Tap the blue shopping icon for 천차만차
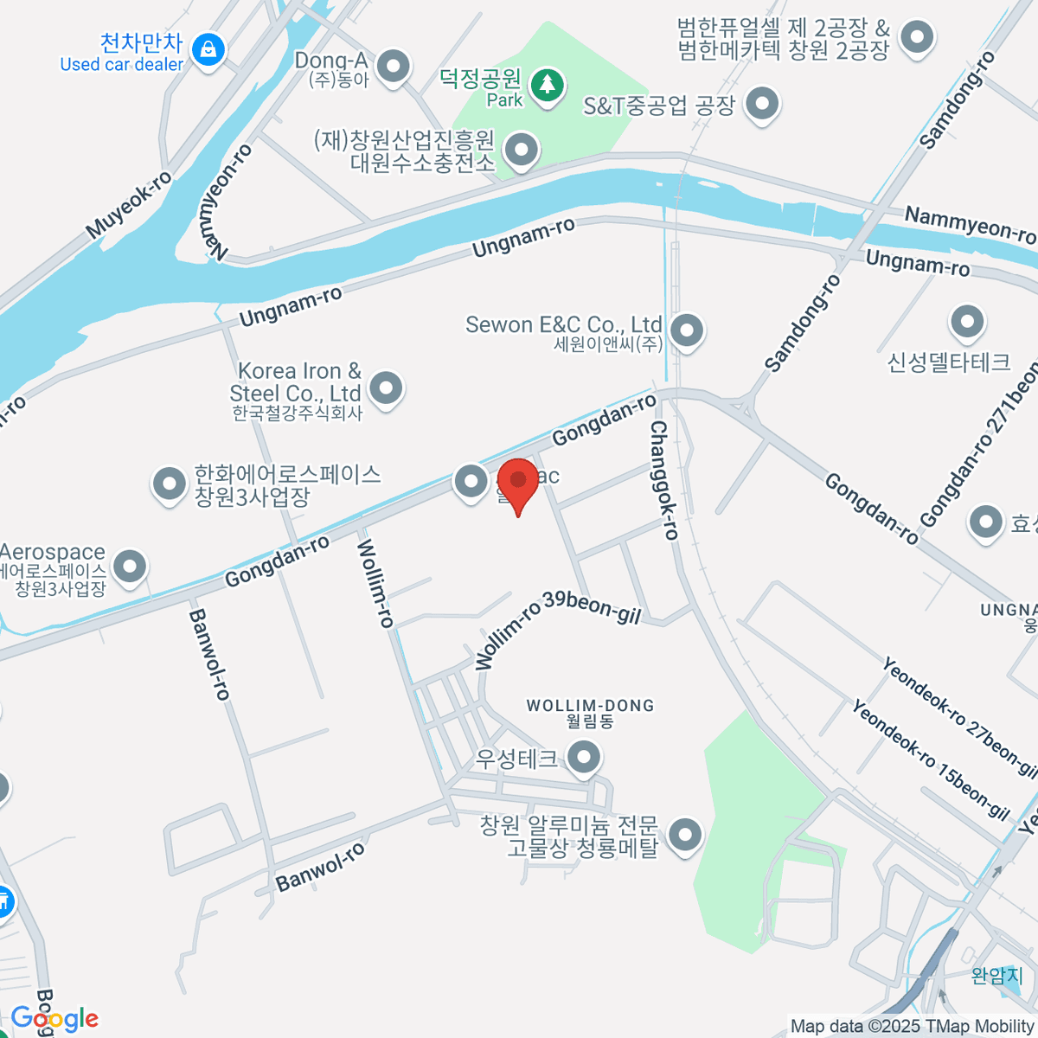coord(208,49)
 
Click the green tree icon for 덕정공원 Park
coord(547,85)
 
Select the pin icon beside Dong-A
coord(394,66)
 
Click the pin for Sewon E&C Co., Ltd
coord(687,330)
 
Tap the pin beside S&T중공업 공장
coord(762,104)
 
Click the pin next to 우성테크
coord(584,759)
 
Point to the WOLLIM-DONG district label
coord(591,713)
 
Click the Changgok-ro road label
coord(663,480)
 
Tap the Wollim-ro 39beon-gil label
coord(558,628)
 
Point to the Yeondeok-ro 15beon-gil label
coord(931,760)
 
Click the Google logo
coord(54,1019)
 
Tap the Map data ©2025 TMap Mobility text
coord(912,1027)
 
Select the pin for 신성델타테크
coord(966,323)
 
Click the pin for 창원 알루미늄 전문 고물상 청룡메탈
coord(687,836)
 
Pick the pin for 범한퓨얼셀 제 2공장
coord(916,37)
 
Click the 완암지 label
coord(997,976)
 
